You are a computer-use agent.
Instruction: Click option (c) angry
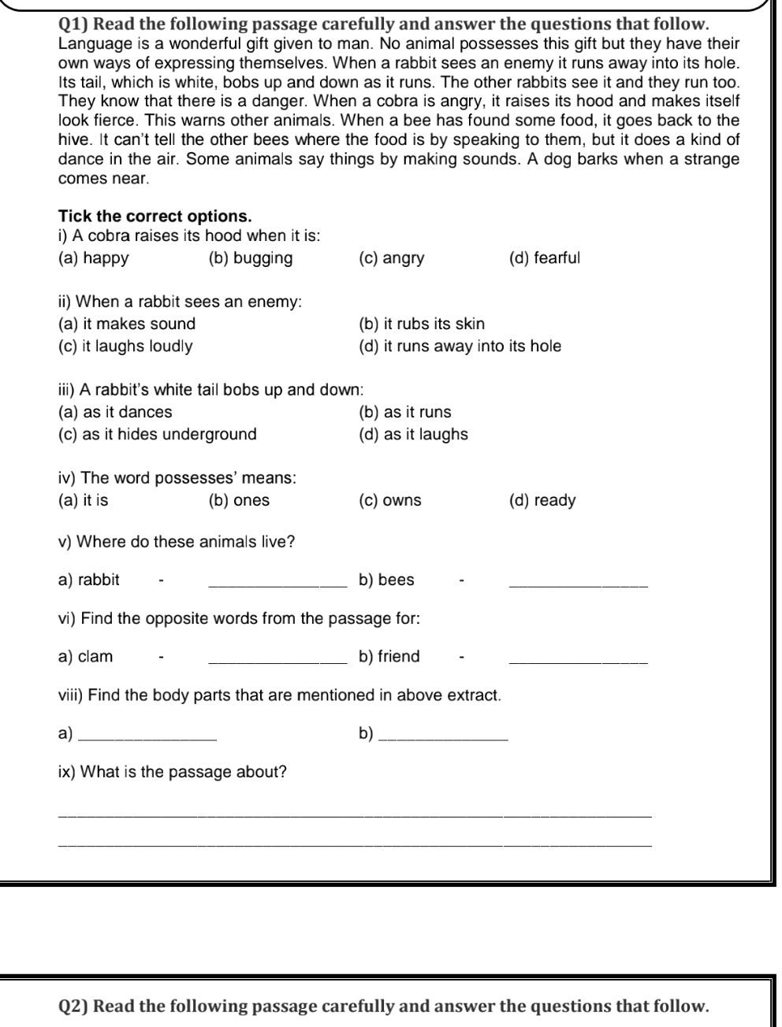[x=391, y=258]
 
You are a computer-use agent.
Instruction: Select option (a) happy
[x=93, y=258]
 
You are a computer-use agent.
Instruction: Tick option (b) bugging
[x=250, y=258]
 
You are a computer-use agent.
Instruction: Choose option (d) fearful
[x=544, y=258]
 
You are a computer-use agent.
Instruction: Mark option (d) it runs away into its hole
[x=460, y=347]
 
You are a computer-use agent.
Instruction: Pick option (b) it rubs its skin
[x=421, y=324]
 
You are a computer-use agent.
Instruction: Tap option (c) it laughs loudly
[x=125, y=347]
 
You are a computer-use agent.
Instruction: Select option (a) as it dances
[x=115, y=412]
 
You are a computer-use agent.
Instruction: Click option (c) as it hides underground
[x=158, y=435]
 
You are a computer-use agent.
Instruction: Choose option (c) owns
[x=389, y=501]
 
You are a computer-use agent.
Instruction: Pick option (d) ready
[x=542, y=501]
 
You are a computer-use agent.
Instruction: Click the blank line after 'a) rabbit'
[x=277, y=584]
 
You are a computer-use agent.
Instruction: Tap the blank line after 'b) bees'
[x=579, y=584]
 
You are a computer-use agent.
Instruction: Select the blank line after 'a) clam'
[x=277, y=660]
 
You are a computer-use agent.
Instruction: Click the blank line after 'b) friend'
[x=579, y=660]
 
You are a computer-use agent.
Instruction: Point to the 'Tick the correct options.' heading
[x=155, y=217]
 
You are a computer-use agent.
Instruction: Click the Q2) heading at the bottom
[x=384, y=1007]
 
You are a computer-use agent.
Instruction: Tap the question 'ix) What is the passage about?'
[x=173, y=773]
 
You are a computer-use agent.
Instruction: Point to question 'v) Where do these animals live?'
[x=177, y=543]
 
